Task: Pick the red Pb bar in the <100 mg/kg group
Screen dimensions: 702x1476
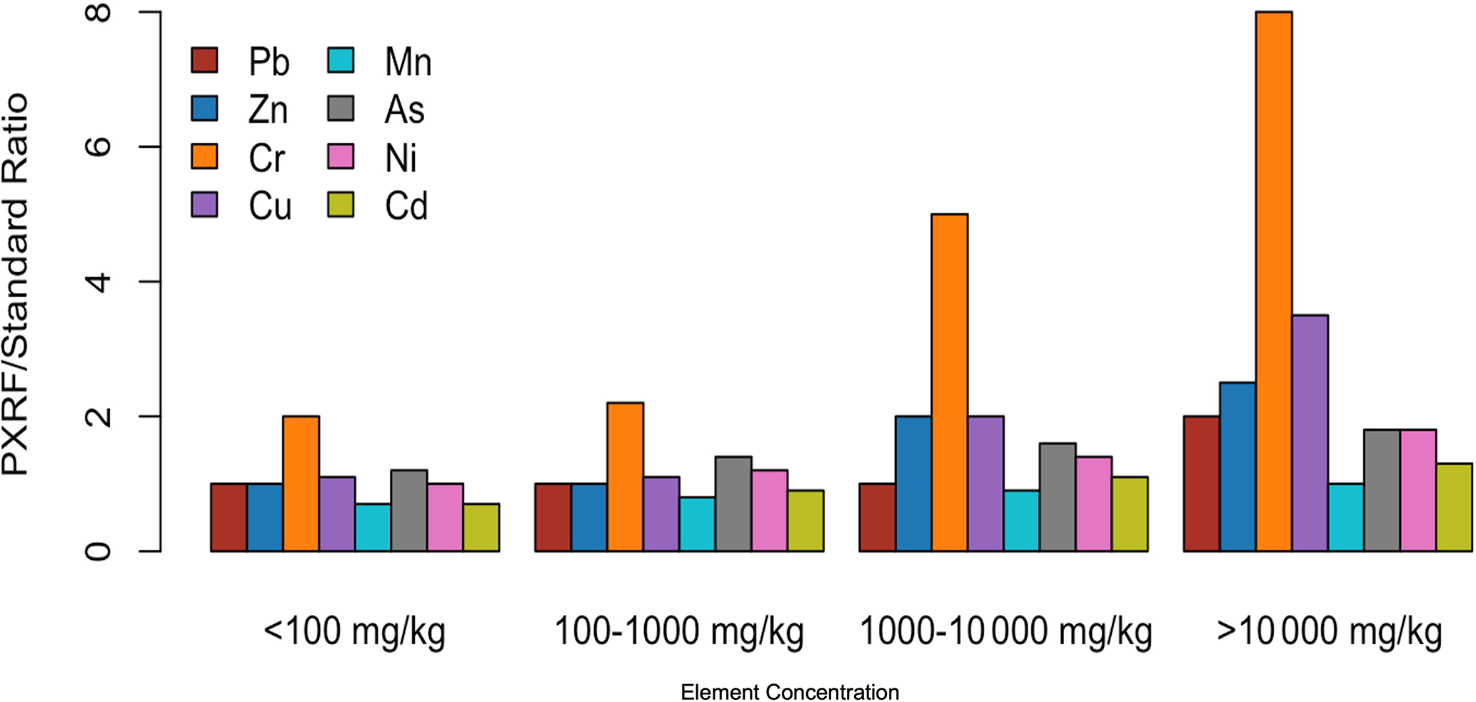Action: pos(229,517)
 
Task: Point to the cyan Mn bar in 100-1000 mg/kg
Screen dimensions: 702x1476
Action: pos(697,524)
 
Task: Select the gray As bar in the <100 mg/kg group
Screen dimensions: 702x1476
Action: pos(409,511)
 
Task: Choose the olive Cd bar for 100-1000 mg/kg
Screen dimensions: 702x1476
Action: pos(805,521)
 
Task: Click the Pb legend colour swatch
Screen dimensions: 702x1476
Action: pos(204,61)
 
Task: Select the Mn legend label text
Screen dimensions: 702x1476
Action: pos(408,62)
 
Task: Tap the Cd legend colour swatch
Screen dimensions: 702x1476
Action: pos(341,205)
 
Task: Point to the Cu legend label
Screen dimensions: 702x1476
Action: pos(270,206)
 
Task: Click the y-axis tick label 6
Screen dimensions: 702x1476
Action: pos(98,147)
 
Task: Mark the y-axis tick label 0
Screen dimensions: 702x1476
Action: pos(98,551)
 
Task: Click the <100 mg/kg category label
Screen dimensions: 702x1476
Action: pos(354,632)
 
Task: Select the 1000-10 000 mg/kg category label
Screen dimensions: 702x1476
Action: pos(1005,632)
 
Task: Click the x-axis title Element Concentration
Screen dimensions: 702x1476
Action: pos(789,692)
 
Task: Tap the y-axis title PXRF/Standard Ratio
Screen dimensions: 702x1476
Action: pos(16,284)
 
